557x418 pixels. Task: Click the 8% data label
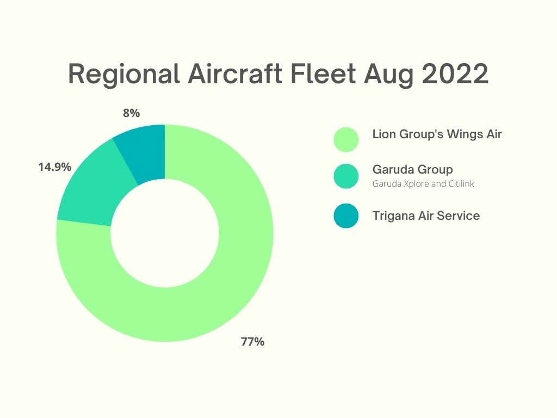tap(132, 113)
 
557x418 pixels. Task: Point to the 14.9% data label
tap(55, 167)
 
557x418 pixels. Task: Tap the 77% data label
tap(252, 342)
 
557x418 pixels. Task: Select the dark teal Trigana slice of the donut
tap(144, 153)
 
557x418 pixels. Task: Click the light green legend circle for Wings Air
tap(346, 140)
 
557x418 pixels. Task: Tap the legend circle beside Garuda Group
tap(346, 176)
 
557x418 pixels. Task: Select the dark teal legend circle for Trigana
tap(346, 216)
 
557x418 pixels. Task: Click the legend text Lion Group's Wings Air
tap(437, 134)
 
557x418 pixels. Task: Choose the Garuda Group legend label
tap(412, 170)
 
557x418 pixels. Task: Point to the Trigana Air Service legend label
tap(426, 216)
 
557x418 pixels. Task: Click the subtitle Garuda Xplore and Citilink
tap(423, 184)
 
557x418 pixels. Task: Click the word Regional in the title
tap(123, 75)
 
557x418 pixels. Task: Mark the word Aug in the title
tap(388, 75)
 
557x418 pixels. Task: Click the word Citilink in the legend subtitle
tap(461, 183)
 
